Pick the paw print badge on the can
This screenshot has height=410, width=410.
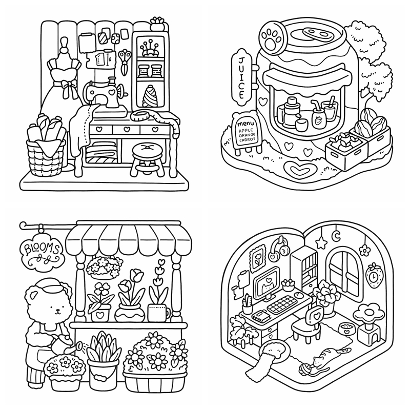(x=272, y=37)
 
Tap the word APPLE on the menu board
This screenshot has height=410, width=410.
(x=246, y=131)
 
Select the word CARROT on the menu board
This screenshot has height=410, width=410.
(x=247, y=140)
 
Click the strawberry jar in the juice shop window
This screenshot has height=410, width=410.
(x=318, y=119)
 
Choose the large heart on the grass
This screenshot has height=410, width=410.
(x=300, y=170)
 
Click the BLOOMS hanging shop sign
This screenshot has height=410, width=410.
(x=42, y=253)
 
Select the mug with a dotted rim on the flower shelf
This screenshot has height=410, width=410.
(x=158, y=313)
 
